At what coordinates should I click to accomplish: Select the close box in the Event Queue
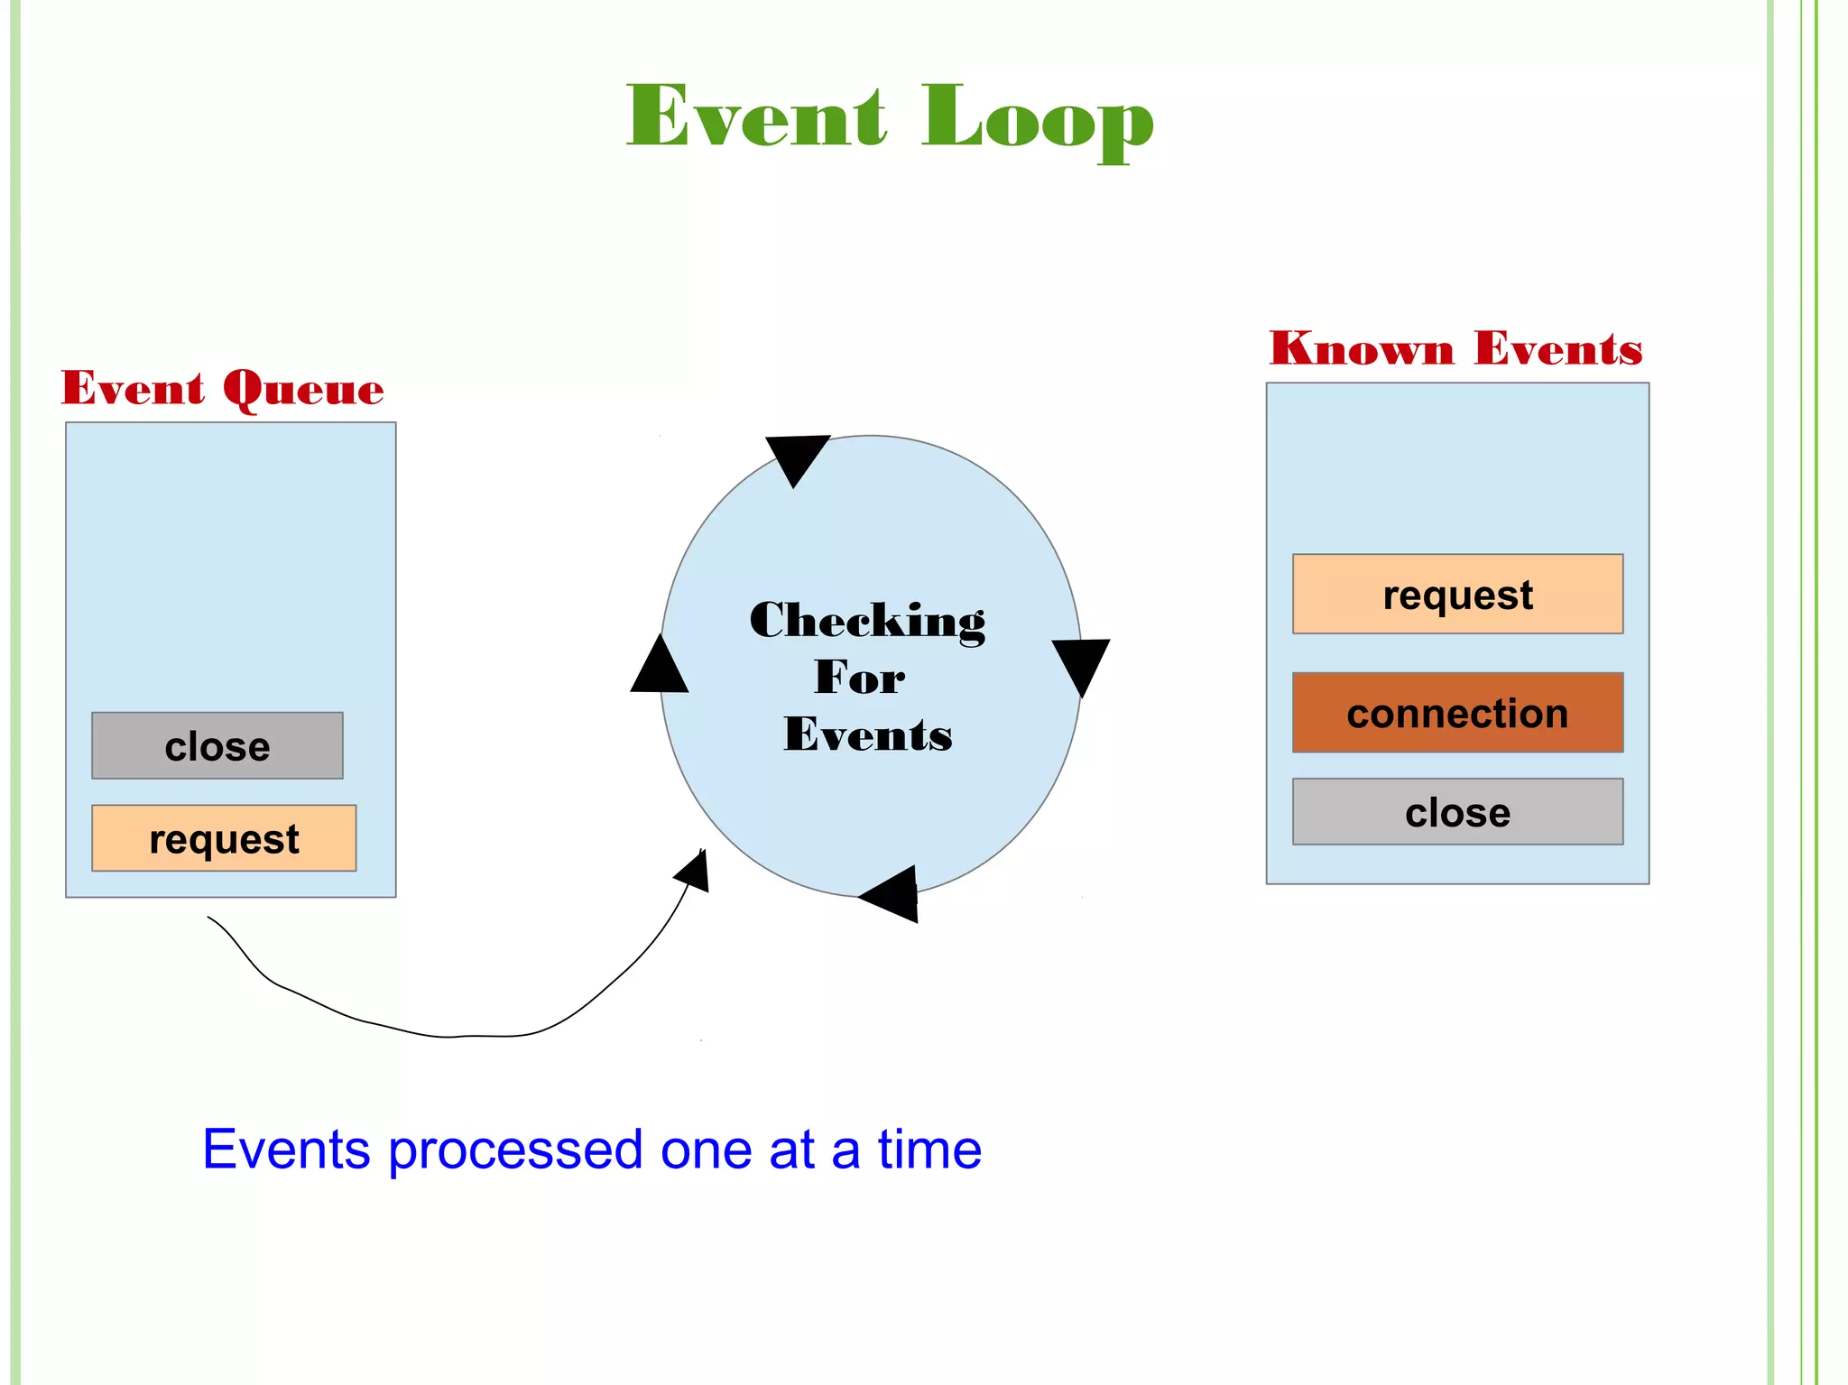click(217, 746)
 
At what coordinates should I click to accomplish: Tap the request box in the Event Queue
click(224, 838)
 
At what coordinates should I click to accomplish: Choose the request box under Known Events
click(1457, 595)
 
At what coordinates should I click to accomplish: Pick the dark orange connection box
click(1457, 713)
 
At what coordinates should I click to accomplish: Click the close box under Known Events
click(1457, 812)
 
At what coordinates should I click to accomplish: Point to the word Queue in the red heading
click(303, 390)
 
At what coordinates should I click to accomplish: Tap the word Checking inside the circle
click(867, 621)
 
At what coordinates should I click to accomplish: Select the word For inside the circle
click(859, 678)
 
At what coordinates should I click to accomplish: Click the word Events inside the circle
click(867, 734)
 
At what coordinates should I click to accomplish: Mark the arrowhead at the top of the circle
click(796, 457)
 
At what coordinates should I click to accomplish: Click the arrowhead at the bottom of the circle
click(892, 894)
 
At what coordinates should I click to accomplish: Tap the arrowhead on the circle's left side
click(660, 668)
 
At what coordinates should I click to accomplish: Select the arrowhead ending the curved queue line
click(695, 871)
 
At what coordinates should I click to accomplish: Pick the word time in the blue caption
click(929, 1150)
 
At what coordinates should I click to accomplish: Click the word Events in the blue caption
click(286, 1150)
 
